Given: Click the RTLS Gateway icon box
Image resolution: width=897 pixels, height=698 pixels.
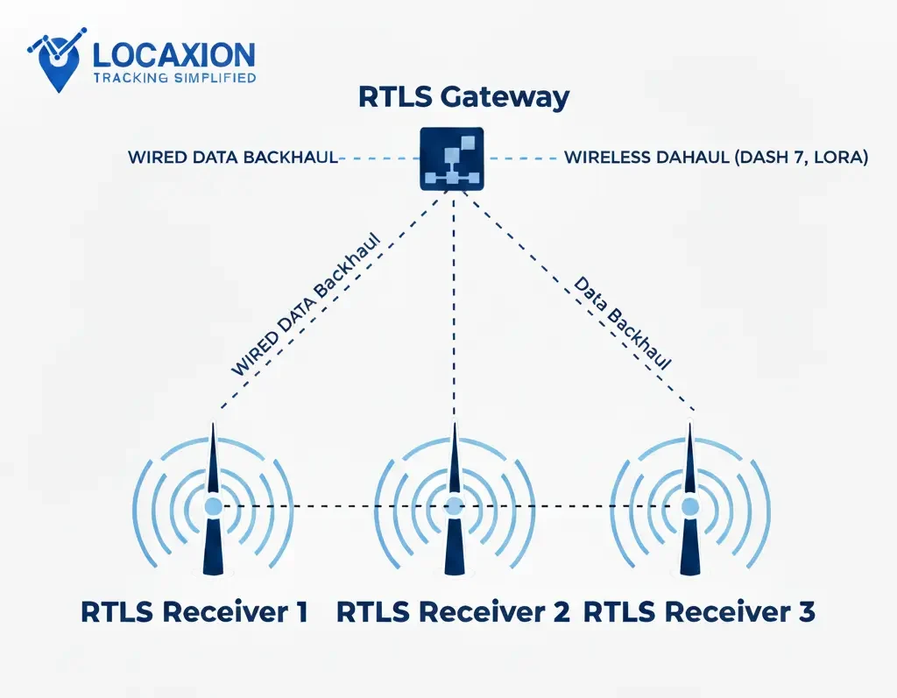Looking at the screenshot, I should click(x=453, y=159).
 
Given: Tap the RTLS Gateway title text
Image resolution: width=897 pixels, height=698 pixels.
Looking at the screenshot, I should click(x=463, y=96).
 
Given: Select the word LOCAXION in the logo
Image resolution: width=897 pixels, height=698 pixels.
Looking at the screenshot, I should click(x=173, y=55).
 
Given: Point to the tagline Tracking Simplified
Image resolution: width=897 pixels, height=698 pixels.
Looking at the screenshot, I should click(x=173, y=78).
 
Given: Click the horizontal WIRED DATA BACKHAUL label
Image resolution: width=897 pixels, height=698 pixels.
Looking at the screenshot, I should click(x=233, y=159).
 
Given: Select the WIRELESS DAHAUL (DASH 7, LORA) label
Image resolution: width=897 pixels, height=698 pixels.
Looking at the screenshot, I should click(x=716, y=159).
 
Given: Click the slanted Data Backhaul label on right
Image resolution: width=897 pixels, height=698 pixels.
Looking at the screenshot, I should click(x=622, y=323).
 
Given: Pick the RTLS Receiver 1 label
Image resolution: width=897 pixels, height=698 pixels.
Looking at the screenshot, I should click(x=194, y=612).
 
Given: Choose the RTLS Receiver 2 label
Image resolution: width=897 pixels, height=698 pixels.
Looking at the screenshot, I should click(x=453, y=612).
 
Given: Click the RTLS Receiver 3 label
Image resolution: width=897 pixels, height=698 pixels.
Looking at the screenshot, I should click(x=699, y=612).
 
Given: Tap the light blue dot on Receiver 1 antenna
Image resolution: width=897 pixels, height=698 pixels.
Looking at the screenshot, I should click(x=213, y=506).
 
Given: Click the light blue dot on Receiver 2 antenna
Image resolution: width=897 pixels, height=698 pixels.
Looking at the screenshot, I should click(x=454, y=506).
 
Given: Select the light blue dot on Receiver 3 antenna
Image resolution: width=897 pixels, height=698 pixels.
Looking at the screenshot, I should click(x=690, y=506).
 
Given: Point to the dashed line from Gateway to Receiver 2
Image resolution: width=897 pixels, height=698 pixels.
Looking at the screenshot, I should click(x=454, y=307).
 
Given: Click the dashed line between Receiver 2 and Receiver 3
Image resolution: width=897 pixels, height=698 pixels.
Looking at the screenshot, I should click(x=569, y=506).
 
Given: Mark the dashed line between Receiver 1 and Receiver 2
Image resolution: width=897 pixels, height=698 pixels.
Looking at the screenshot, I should click(x=333, y=506).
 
